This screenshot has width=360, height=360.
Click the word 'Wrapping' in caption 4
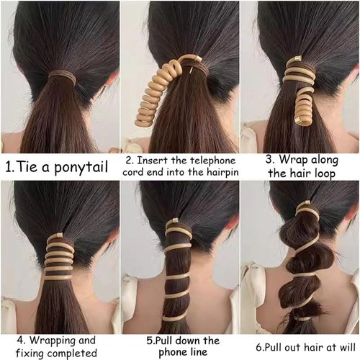coord(57,340)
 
